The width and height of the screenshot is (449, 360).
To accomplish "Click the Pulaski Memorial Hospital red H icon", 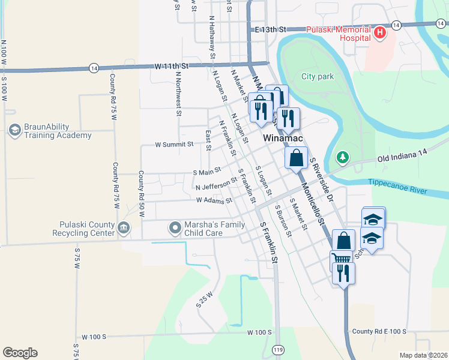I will [x=379, y=33].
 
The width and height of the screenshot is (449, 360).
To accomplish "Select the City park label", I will [x=317, y=77].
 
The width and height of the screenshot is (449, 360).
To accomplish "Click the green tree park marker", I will [x=343, y=157].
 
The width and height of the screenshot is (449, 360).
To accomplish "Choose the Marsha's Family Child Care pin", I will [x=175, y=227].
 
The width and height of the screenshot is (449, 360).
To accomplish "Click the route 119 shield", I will [x=277, y=349].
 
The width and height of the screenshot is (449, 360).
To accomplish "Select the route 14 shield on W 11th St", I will [x=94, y=68].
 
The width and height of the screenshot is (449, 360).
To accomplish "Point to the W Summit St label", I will [x=174, y=145].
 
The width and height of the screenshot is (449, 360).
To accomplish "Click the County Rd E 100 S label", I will [x=379, y=332].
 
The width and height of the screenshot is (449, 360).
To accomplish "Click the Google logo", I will [x=20, y=352].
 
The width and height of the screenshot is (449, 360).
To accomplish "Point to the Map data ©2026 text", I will [x=423, y=355].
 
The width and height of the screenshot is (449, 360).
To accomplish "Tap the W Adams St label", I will [x=213, y=200].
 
